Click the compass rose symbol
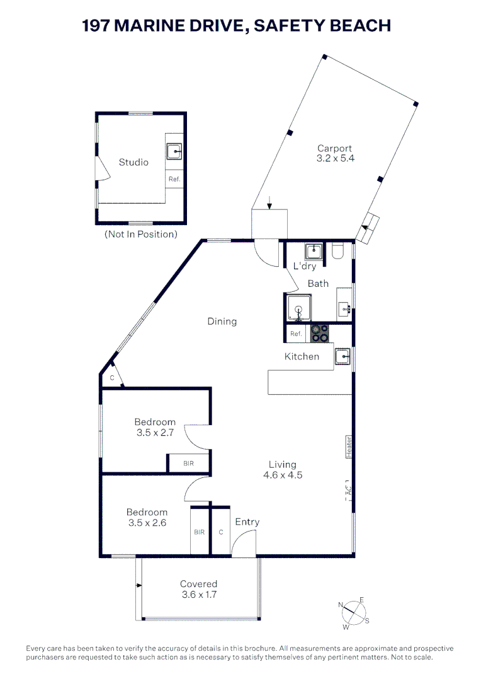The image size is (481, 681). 354,612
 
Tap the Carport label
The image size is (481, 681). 335,154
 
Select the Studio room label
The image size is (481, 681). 133,162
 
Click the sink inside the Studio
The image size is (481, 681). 174,151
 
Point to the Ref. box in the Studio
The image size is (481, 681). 174,179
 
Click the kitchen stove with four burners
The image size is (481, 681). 319,333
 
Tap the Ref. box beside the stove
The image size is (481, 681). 296,334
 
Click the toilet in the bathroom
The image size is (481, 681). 337,252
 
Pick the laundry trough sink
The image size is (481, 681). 314,252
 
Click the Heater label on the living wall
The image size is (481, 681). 348,446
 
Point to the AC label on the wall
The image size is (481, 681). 348,489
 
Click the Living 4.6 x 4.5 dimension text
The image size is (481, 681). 282,470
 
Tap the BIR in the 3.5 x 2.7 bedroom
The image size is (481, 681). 188,463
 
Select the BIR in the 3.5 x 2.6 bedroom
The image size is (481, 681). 199,532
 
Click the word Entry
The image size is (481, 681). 247,521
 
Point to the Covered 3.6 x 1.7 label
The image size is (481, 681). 198,589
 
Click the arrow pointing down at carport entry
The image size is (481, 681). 269,202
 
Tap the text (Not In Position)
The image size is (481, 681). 140,234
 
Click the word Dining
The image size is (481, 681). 222,321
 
